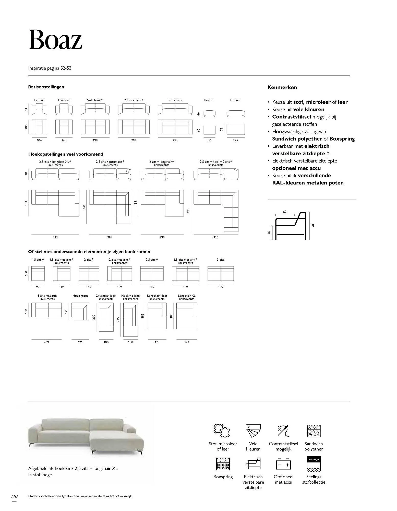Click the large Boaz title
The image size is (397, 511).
pyautogui.click(x=55, y=40)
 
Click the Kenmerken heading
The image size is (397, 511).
pyautogui.click(x=282, y=87)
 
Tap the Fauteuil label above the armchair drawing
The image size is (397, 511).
pyautogui.click(x=39, y=100)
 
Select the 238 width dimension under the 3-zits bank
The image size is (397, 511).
pyautogui.click(x=175, y=140)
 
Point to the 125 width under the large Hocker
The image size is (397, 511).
pyautogui.click(x=235, y=140)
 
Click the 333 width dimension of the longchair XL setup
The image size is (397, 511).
pyautogui.click(x=55, y=237)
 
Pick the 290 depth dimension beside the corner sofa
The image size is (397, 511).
pyautogui.click(x=188, y=211)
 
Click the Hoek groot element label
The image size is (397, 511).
pyautogui.click(x=80, y=296)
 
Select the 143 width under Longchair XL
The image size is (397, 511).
pyautogui.click(x=187, y=342)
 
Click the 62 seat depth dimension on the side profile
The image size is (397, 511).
pyautogui.click(x=285, y=212)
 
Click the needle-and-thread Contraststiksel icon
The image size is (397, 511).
pyautogui.click(x=283, y=431)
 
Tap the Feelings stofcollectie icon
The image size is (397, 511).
pyautogui.click(x=314, y=464)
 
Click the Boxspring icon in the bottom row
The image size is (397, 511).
pyautogui.click(x=223, y=464)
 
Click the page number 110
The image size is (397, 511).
pyautogui.click(x=14, y=496)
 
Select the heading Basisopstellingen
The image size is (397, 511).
pyautogui.click(x=46, y=87)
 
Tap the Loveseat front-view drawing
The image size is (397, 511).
pyautogui.click(x=64, y=109)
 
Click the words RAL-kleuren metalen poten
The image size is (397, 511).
pyautogui.click(x=308, y=183)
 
